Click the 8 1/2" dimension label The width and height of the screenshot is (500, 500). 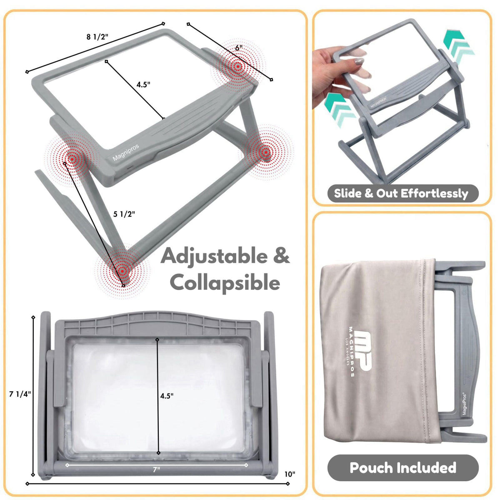pos(97,37)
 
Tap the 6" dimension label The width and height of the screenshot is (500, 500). pos(239,48)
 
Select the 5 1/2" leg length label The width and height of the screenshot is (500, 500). pos(124,214)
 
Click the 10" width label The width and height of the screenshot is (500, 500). pos(290,467)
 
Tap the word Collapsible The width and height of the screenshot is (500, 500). pos(225,283)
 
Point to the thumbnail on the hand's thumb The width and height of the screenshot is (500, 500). pos(359,62)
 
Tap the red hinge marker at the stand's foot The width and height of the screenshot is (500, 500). pos(122,271)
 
